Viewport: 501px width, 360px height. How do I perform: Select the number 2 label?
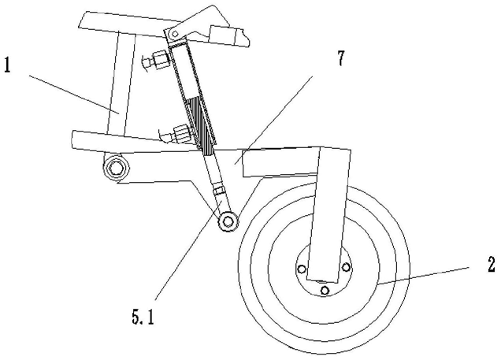pyautogui.click(x=491, y=265)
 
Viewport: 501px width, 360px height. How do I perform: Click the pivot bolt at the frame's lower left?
pyautogui.click(x=118, y=167)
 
